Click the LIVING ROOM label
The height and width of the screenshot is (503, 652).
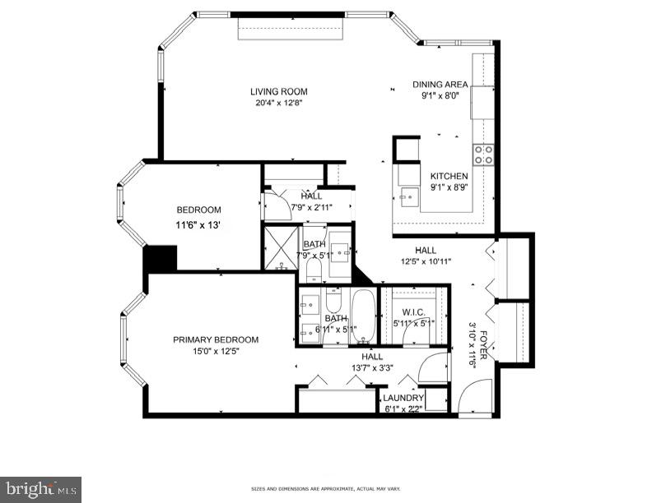point(279,91)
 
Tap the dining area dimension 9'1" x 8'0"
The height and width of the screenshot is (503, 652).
point(440,95)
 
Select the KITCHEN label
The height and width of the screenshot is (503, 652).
point(449,176)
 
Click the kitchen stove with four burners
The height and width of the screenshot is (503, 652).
point(483,154)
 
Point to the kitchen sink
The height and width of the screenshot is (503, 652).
point(407,196)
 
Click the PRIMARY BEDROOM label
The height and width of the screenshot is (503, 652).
point(216,339)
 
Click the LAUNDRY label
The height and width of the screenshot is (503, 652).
point(403,398)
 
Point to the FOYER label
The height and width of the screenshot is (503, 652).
point(484,339)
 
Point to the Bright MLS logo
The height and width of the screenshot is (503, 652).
point(40,489)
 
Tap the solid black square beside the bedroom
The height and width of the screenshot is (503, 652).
point(161,258)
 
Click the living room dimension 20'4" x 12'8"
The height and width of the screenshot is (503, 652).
point(279,103)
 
